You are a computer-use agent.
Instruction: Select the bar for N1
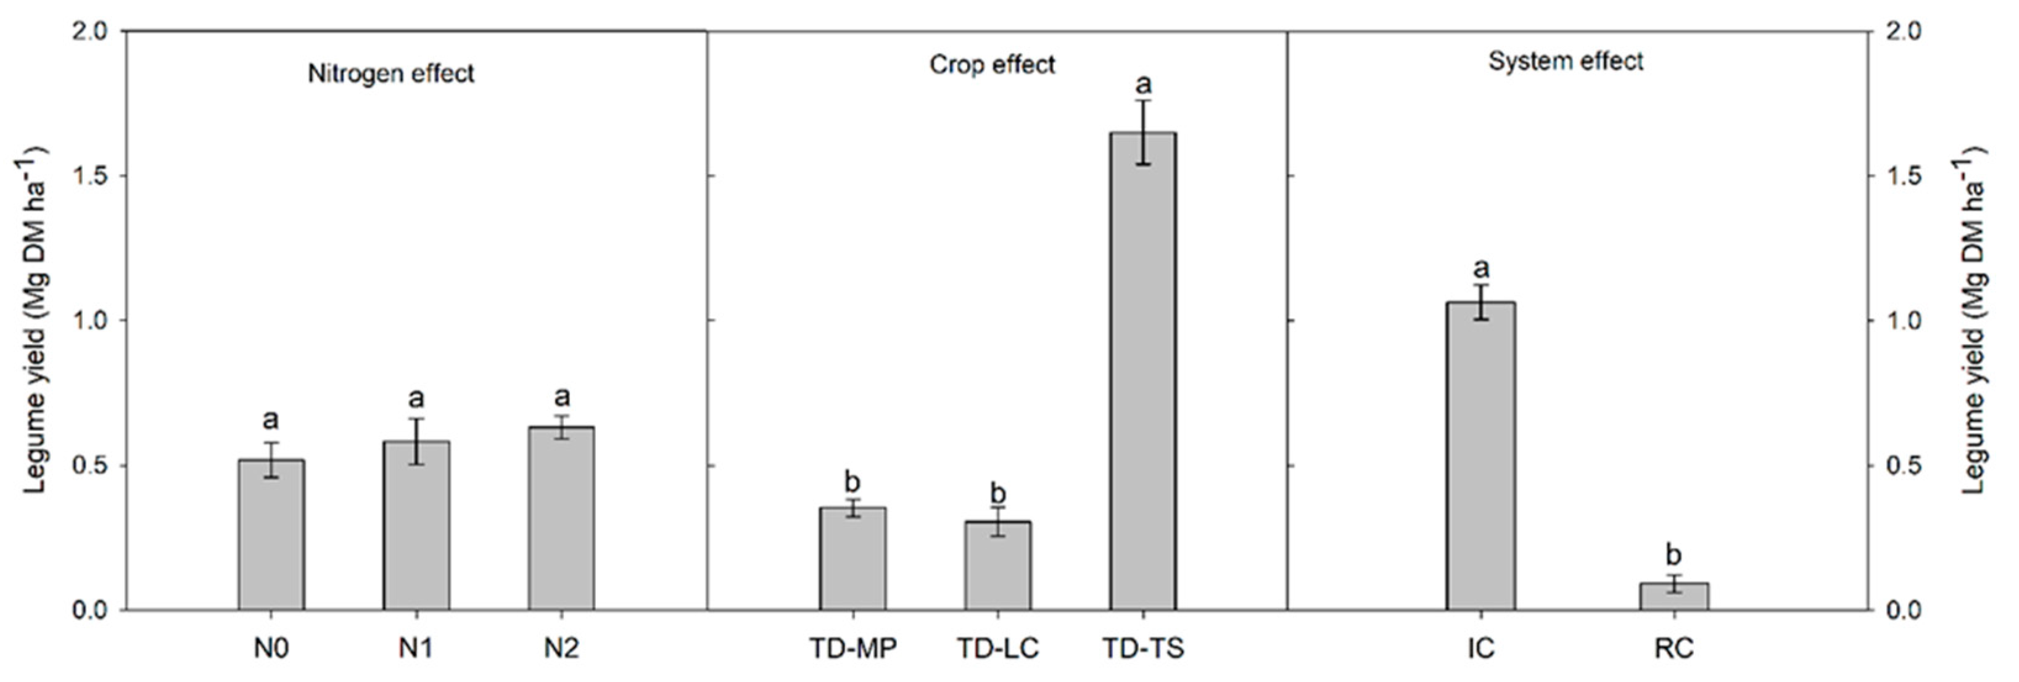pos(416,525)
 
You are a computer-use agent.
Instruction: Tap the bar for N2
pos(561,518)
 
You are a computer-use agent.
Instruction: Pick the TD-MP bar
pos(853,558)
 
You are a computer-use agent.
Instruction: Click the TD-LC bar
pos(997,565)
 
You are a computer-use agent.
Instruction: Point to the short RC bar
pos(1674,596)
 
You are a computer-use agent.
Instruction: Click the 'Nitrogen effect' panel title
pos(390,73)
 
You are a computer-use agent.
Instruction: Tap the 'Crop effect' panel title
pos(993,64)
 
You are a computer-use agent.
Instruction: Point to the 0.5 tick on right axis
pos(1889,466)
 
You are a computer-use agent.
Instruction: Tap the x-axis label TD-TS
pos(1142,648)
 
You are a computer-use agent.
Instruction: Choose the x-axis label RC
pos(1674,648)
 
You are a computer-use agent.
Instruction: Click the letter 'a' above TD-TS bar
pos(1144,83)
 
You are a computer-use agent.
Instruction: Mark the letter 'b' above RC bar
pos(1674,555)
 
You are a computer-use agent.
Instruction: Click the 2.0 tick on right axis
pos(1889,31)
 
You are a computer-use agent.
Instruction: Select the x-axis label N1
pos(416,648)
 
